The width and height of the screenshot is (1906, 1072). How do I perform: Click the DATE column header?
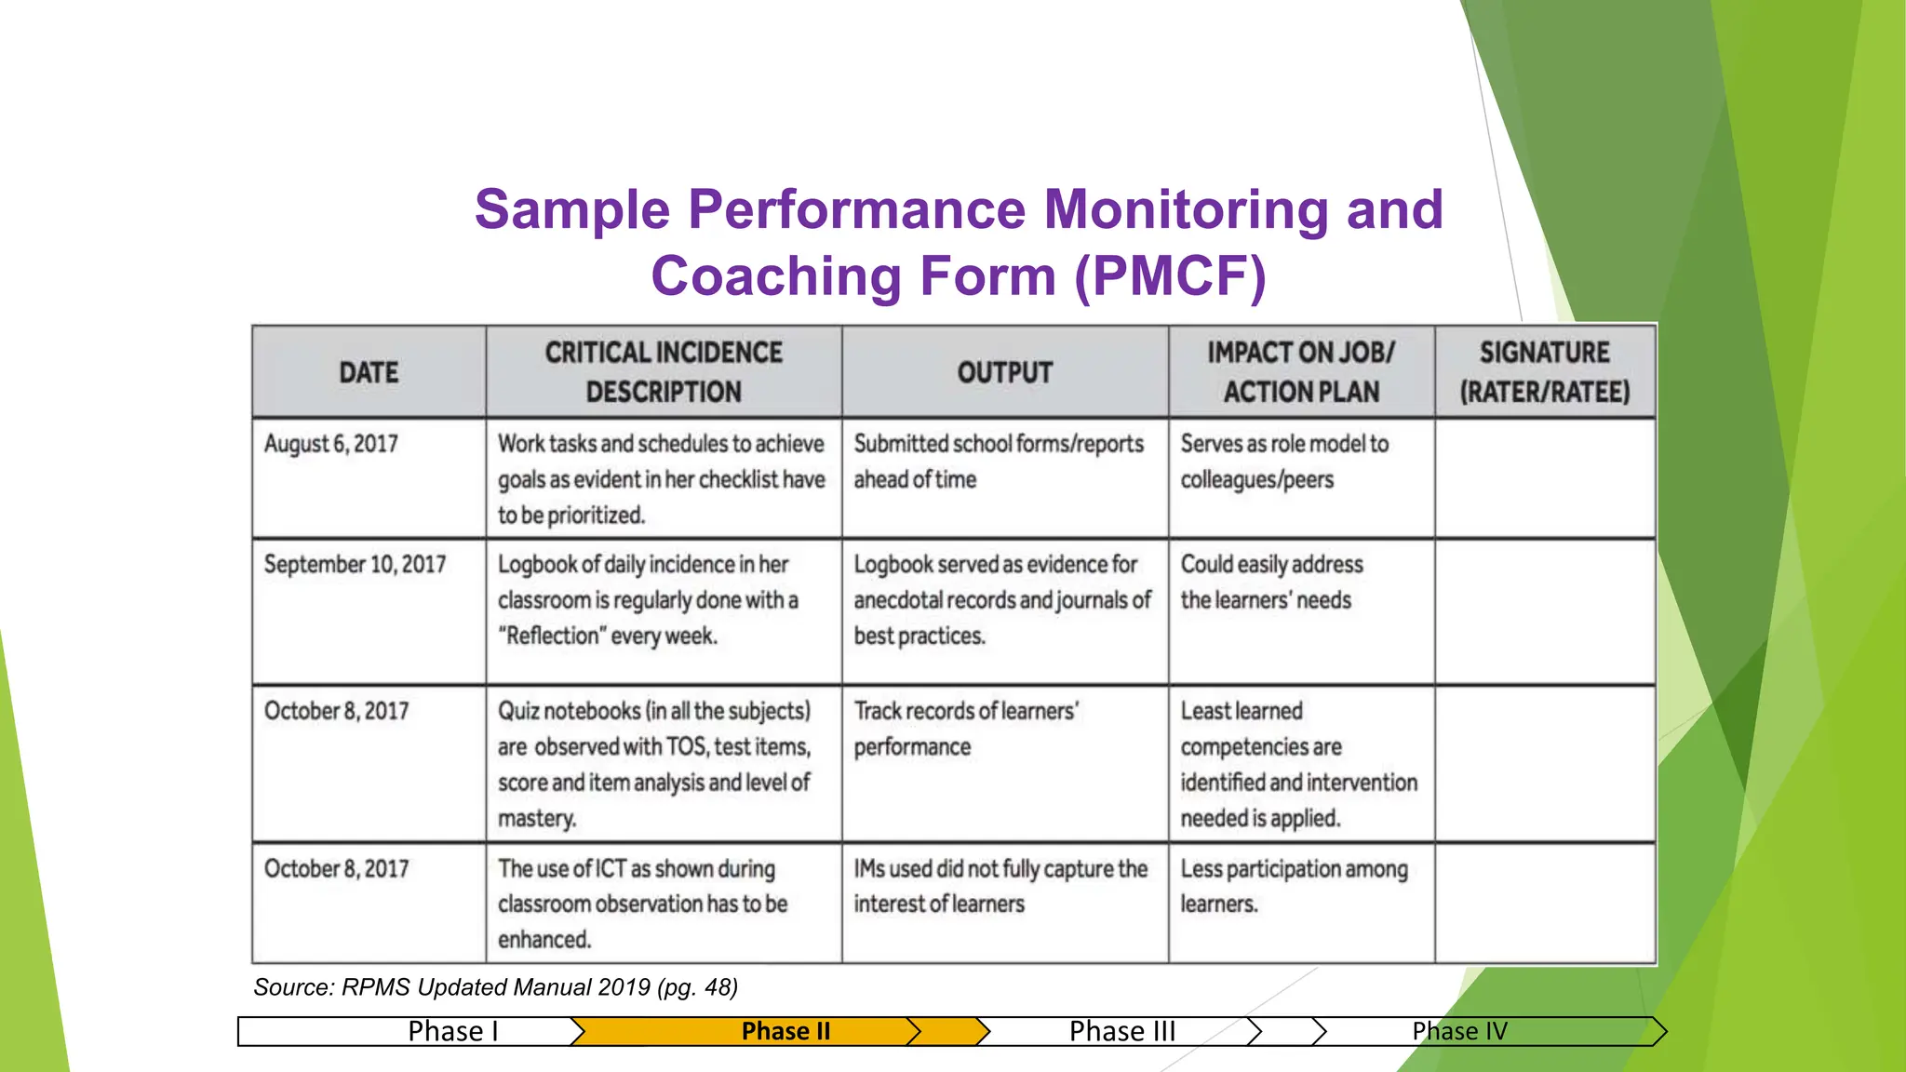point(369,372)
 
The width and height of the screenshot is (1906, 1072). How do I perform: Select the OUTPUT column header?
point(1004,372)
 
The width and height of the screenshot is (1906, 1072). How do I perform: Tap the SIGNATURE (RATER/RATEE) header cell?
point(1544,372)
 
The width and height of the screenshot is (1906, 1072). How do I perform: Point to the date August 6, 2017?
point(331,444)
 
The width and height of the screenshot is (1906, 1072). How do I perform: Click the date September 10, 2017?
point(355,565)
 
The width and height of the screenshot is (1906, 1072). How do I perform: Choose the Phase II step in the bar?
point(785,1031)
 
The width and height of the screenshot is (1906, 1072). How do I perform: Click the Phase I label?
point(453,1031)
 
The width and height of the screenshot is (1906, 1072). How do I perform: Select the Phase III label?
point(1122,1031)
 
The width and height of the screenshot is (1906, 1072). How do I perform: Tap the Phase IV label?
point(1459,1031)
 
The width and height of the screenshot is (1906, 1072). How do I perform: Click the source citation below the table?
point(495,987)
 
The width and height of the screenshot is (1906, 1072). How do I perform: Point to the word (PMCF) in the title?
point(1170,276)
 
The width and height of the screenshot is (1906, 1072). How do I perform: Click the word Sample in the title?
point(571,209)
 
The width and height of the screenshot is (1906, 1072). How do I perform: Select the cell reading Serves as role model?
point(1284,462)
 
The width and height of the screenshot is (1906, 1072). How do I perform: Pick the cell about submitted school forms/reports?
point(999,462)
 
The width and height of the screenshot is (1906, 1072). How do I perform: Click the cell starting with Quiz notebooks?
point(654,764)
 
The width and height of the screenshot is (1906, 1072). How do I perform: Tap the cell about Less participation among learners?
point(1294,886)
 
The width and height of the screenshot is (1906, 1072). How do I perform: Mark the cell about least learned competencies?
point(1298,764)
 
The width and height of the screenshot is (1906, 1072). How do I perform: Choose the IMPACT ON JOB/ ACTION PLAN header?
point(1301,372)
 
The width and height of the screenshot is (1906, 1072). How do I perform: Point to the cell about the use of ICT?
point(642,904)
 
